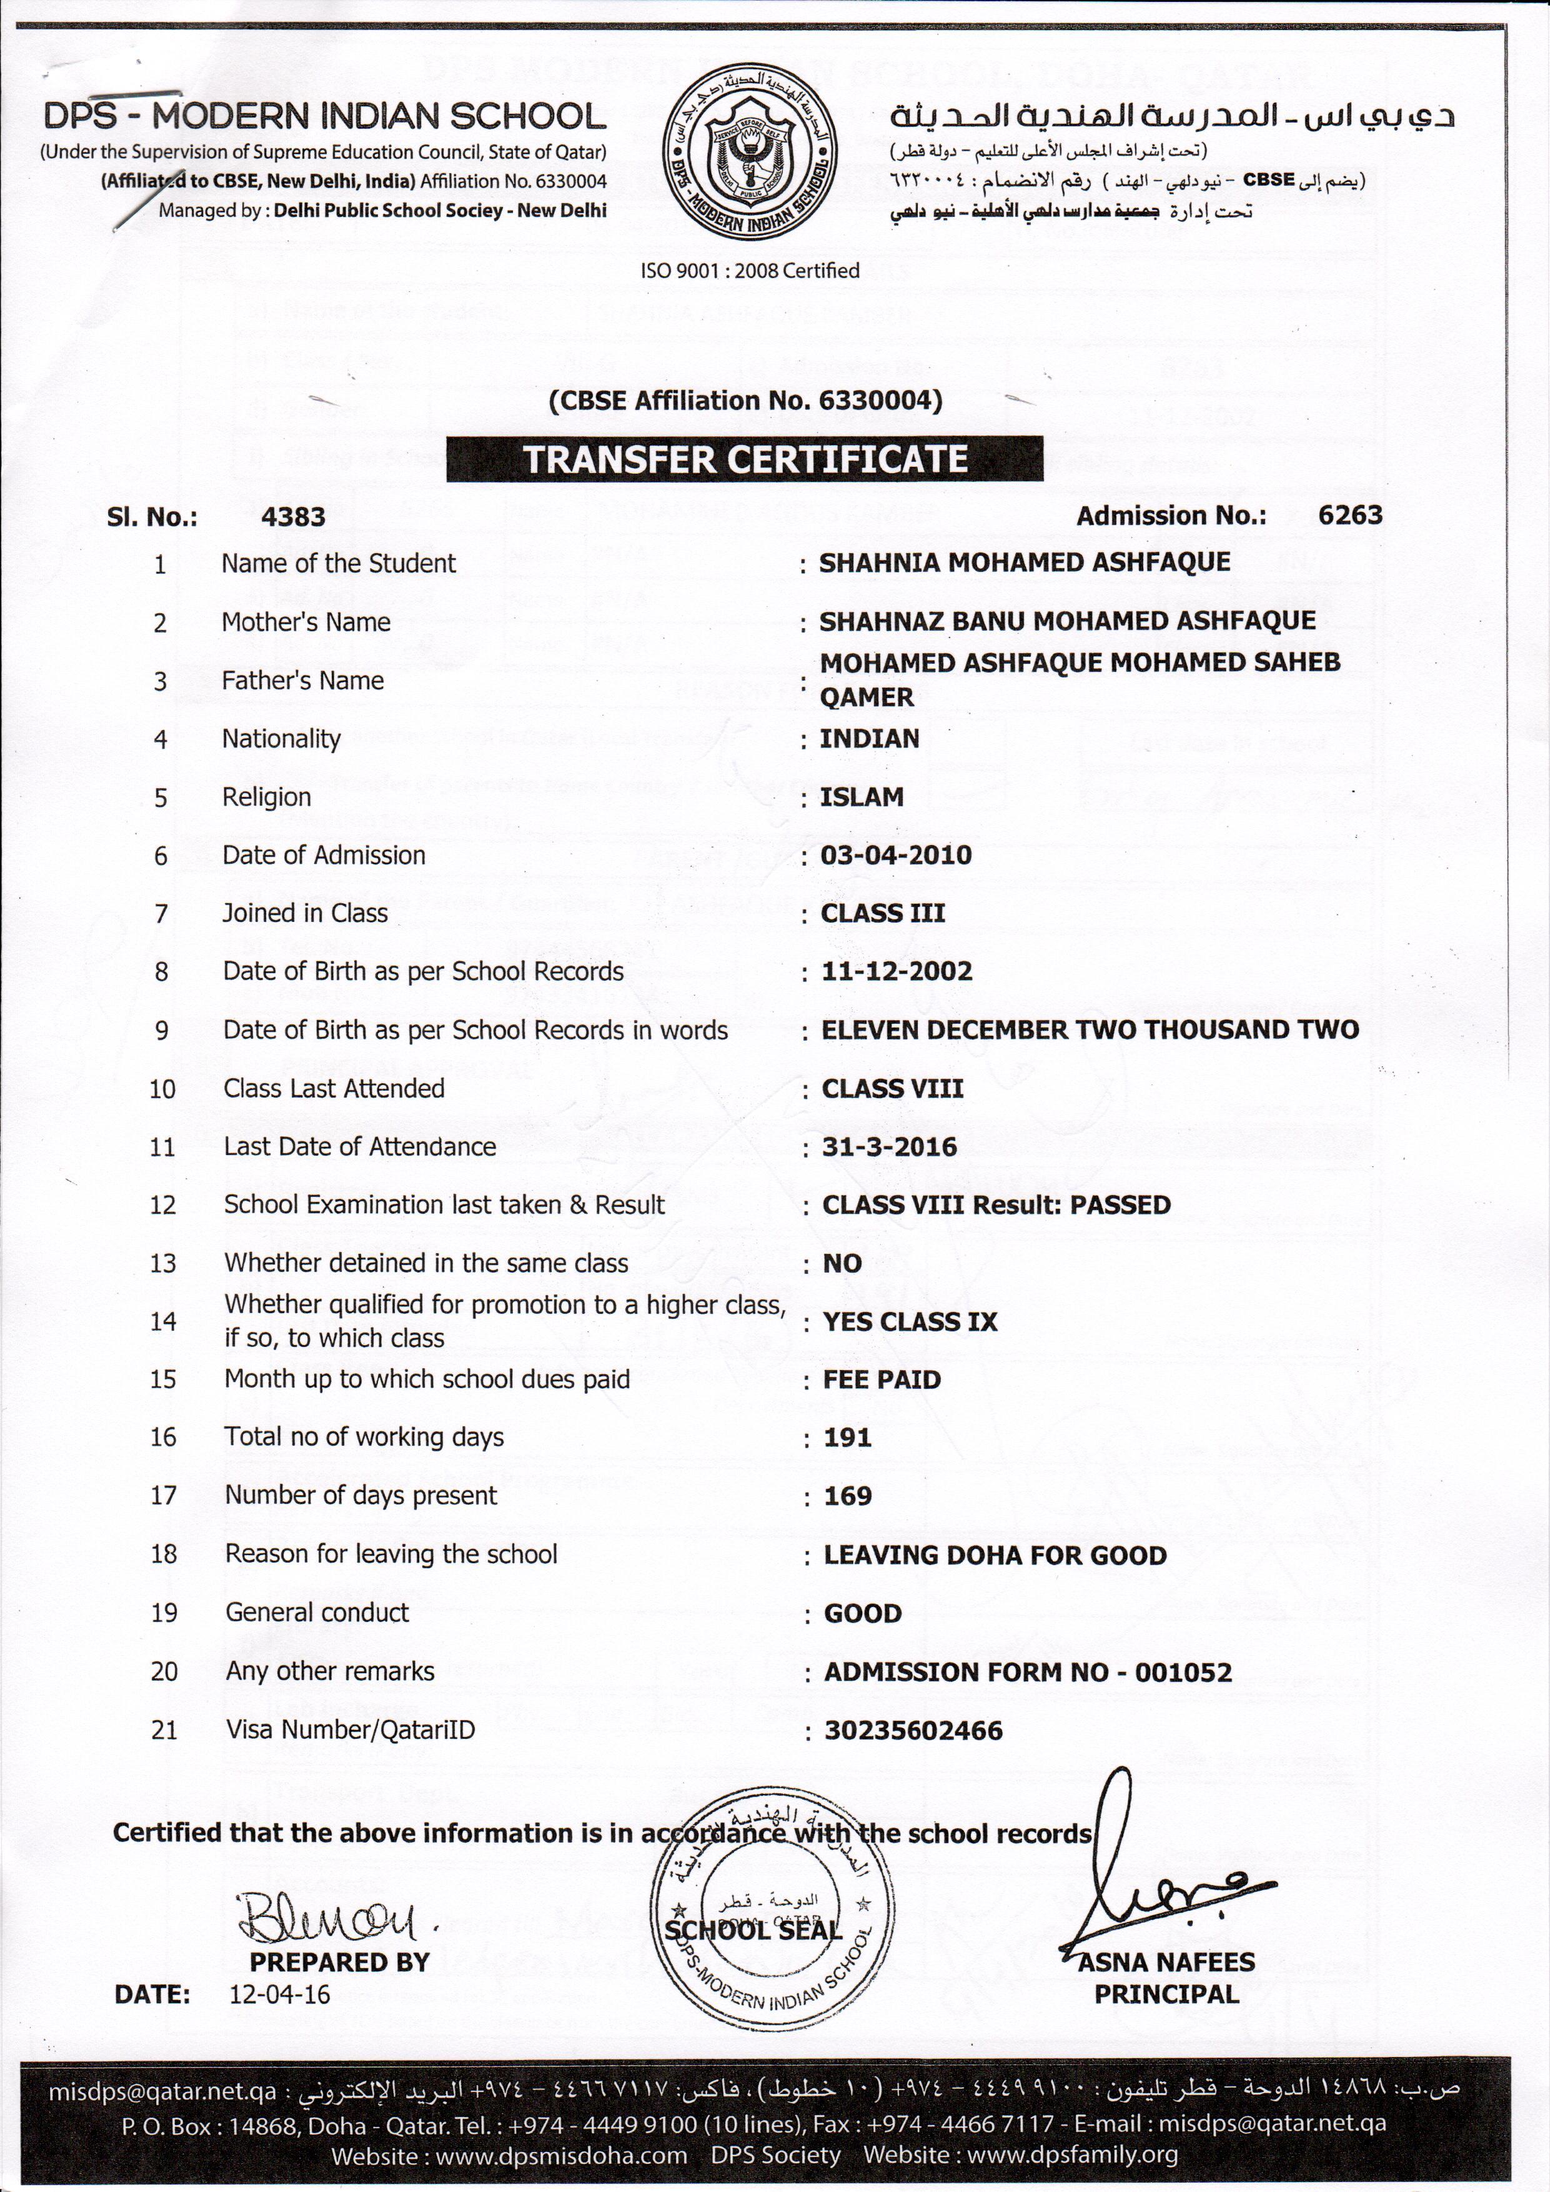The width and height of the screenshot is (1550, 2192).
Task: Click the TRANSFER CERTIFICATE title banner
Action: [745, 459]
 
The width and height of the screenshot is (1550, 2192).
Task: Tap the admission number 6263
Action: [1349, 516]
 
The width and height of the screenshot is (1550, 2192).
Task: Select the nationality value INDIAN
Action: [870, 739]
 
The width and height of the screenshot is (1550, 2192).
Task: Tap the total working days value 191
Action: [848, 1438]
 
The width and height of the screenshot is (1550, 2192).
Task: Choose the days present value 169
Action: [848, 1496]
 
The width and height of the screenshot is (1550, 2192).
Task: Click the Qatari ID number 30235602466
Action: [913, 1731]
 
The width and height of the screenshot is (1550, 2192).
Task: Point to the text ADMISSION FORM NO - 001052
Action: [1028, 1673]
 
